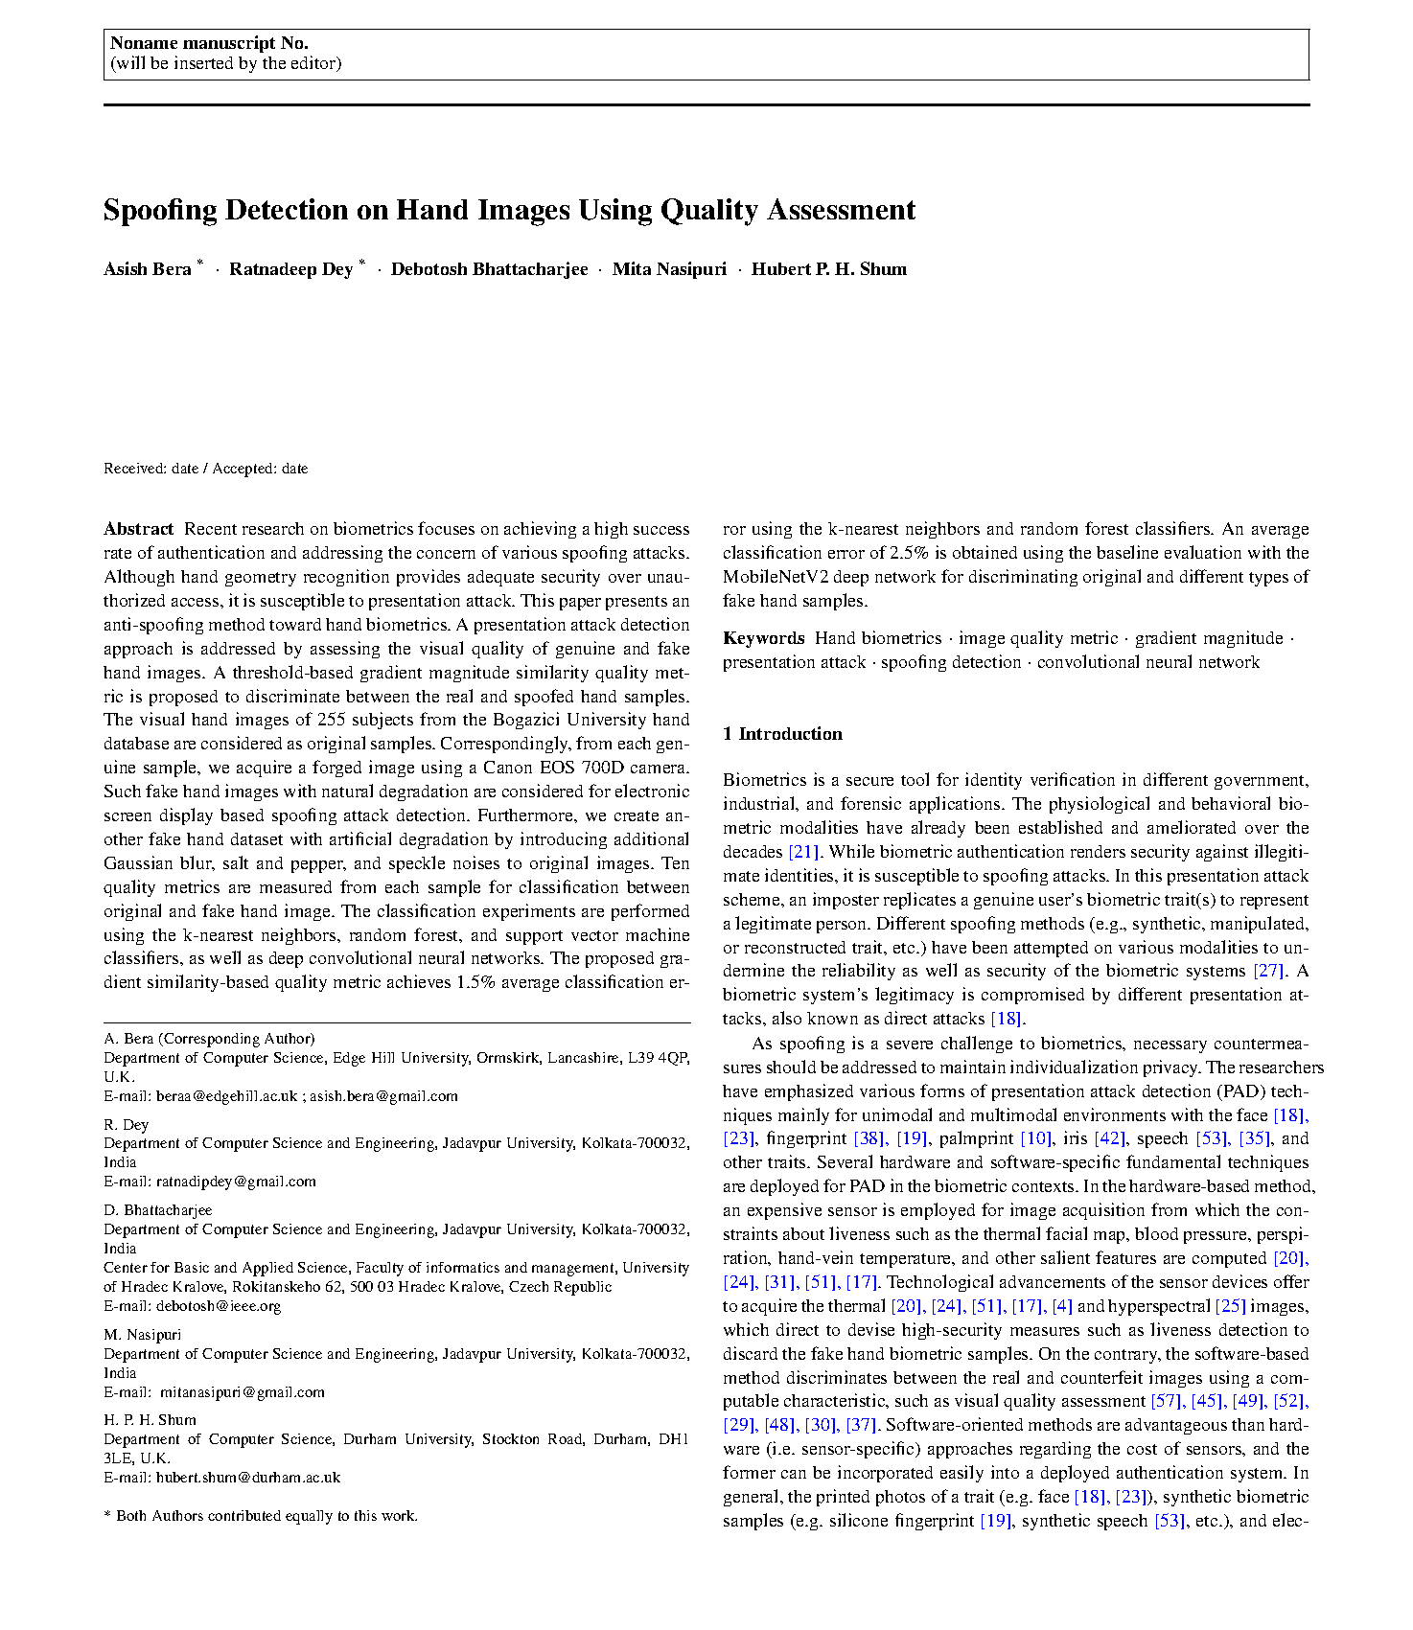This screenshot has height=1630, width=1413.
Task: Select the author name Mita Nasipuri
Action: point(669,269)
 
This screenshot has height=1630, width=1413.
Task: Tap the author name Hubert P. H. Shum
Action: point(828,269)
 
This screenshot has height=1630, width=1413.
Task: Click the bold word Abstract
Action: point(139,529)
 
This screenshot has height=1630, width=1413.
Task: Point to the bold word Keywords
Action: point(763,638)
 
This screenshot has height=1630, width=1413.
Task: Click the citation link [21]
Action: point(803,852)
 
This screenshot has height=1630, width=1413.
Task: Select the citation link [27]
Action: point(1268,971)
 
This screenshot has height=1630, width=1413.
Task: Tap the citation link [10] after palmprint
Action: point(1035,1138)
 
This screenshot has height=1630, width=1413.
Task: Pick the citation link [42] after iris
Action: point(1109,1138)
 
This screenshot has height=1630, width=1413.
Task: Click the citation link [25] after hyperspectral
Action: point(1230,1306)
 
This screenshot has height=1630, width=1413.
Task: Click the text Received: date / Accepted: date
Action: point(205,469)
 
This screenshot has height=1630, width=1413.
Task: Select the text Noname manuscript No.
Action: point(209,43)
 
